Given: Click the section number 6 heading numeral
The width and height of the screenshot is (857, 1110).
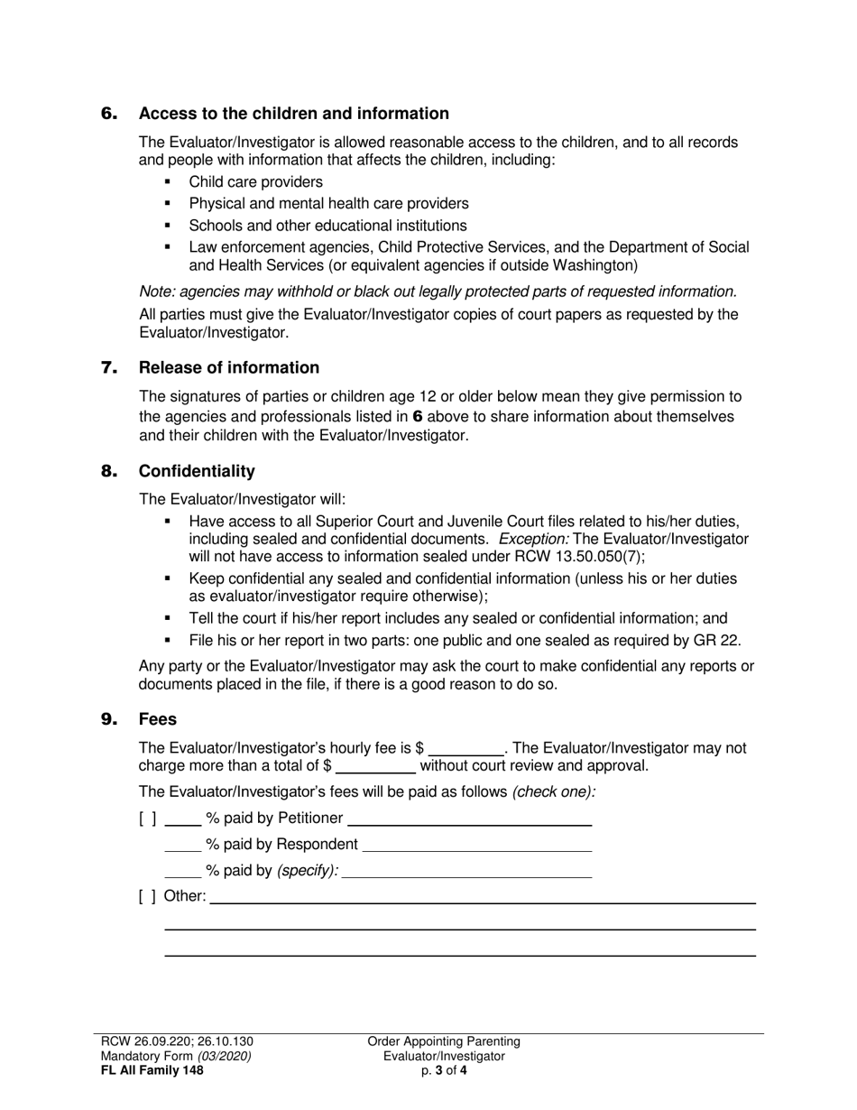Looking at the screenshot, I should (x=109, y=114).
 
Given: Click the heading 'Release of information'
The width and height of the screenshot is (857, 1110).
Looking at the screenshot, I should (x=228, y=367).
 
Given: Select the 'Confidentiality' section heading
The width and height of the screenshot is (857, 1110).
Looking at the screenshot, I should (x=197, y=471).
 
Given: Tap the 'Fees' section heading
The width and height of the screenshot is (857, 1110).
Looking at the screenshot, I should (x=158, y=719).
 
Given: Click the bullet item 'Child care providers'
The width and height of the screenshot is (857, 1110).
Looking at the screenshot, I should (x=255, y=182).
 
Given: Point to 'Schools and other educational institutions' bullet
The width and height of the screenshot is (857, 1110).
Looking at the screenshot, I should (x=327, y=226).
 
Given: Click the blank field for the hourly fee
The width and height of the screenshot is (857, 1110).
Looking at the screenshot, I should (x=466, y=748).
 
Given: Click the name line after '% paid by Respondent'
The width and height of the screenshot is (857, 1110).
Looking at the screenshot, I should (x=476, y=845).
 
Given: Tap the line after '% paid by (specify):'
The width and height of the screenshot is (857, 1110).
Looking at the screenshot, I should (x=467, y=871).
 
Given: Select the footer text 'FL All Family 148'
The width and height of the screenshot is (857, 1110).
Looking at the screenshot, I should (x=152, y=1071).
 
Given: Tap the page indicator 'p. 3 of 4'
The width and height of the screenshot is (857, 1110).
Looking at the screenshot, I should (x=444, y=1071).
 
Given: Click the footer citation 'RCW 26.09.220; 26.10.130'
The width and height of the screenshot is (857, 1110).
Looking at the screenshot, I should (x=183, y=1041).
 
